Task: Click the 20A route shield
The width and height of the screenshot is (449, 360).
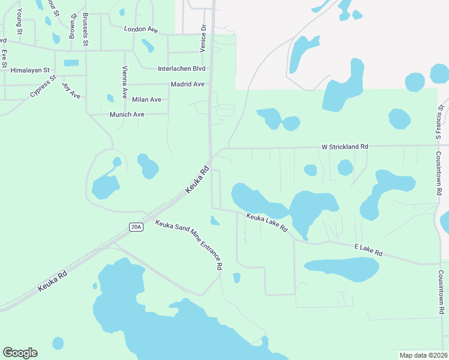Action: (136, 226)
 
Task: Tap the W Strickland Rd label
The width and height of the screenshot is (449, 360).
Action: (345, 146)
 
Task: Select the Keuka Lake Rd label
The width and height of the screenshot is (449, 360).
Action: (267, 221)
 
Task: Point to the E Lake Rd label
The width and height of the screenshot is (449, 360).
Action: (368, 250)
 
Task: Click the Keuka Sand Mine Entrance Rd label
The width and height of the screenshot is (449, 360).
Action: (189, 245)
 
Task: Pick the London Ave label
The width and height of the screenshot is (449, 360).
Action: (140, 29)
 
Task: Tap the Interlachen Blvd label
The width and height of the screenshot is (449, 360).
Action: (181, 69)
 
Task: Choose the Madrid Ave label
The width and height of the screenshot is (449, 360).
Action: (187, 85)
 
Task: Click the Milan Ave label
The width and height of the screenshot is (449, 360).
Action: (146, 100)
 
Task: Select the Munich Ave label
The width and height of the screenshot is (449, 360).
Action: (127, 115)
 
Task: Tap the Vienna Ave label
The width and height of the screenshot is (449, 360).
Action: (125, 81)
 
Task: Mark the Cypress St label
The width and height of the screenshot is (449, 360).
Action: (43, 86)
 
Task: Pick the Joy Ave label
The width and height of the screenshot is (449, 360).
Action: (71, 90)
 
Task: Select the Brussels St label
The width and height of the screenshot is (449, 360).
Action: (86, 29)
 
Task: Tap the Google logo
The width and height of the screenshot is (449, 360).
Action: (20, 353)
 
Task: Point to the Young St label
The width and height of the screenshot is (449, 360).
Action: (20, 22)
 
